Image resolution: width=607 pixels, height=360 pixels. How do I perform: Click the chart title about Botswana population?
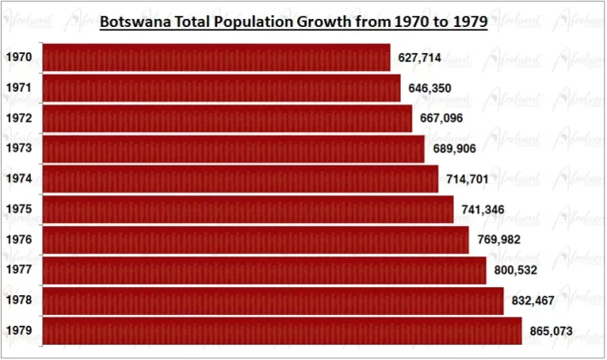tap(293, 22)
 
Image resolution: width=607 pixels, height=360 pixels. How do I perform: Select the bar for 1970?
tap(216, 58)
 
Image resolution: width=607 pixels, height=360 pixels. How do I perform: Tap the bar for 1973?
tap(233, 148)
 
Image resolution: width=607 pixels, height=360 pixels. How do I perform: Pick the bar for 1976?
tap(255, 240)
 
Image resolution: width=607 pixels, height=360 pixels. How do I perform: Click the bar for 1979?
tap(282, 330)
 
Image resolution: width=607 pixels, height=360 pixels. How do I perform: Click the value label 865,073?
tap(550, 331)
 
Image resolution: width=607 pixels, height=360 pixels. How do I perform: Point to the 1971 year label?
tap(19, 88)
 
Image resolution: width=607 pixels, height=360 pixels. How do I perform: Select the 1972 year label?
tap(19, 119)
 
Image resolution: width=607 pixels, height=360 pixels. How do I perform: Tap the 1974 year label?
tap(19, 179)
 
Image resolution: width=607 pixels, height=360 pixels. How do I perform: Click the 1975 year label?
tap(19, 210)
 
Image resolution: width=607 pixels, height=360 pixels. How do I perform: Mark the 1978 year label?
tap(19, 301)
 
